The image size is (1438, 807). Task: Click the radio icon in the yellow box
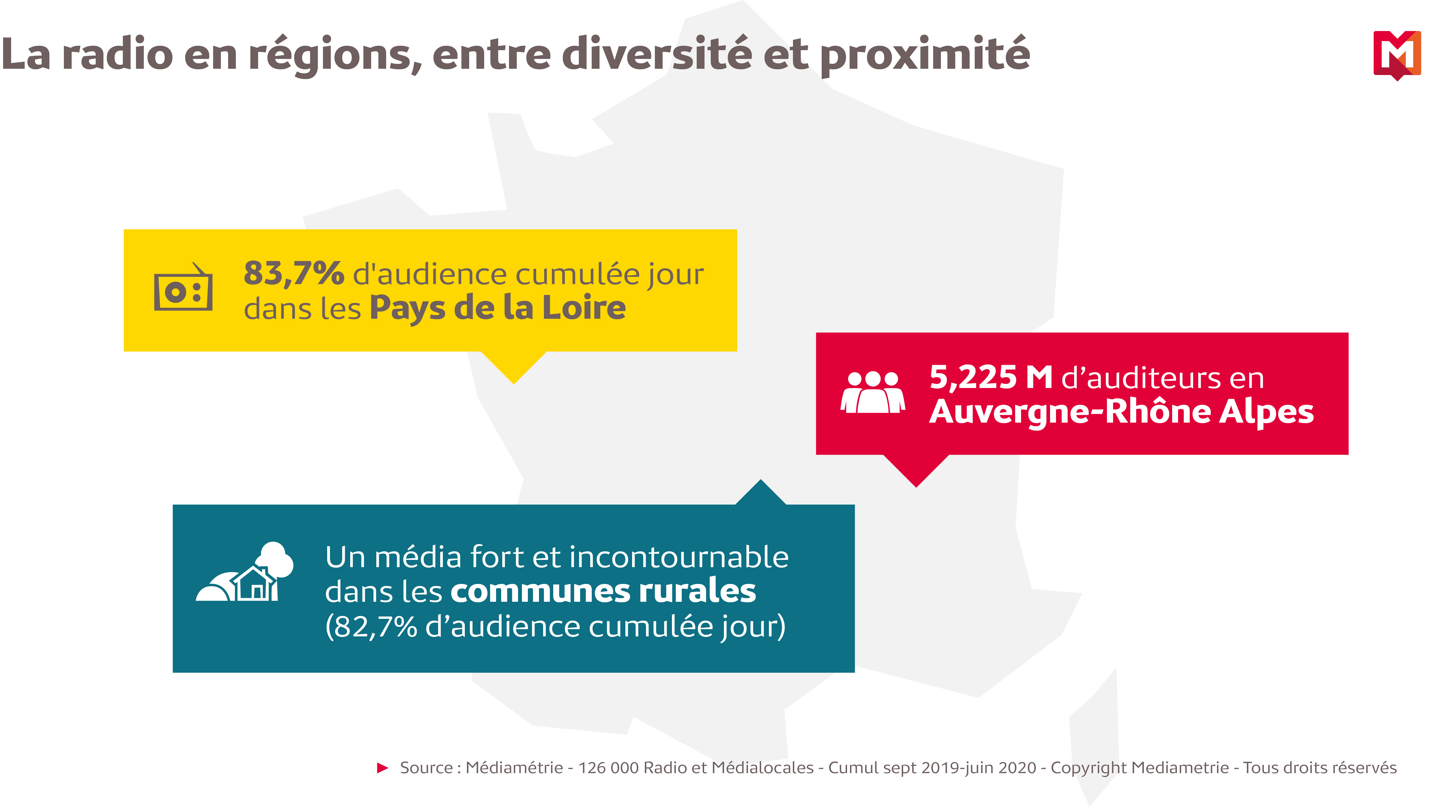183,288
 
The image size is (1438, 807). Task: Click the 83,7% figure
294,274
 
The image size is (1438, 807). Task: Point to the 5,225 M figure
990,378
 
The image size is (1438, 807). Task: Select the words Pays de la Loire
497,308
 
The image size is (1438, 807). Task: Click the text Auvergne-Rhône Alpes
1121,413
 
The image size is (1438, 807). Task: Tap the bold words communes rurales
603,592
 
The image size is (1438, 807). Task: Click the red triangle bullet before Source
382,768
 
